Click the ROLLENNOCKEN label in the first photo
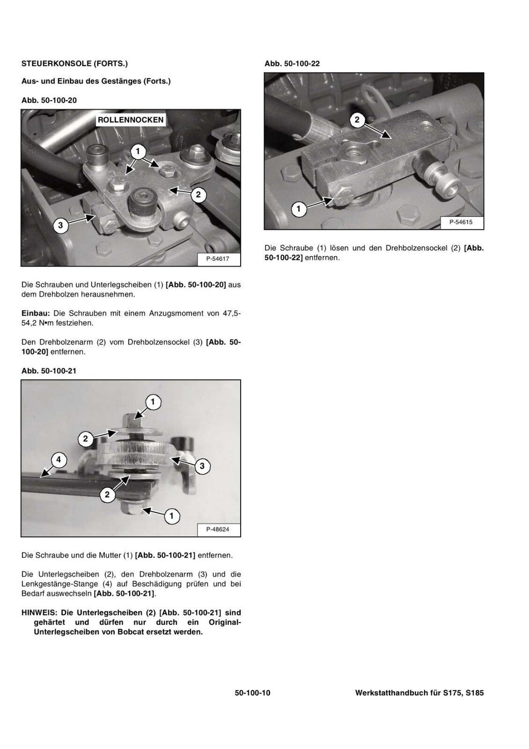pos(131,120)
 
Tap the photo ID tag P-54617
pos(217,259)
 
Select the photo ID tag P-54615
pos(461,222)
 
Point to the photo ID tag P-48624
pos(217,529)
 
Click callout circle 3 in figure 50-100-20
pos(60,225)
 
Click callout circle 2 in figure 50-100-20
pos(198,195)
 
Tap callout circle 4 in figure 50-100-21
pos(58,459)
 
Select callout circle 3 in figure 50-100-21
pos(201,466)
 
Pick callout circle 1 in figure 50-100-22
pos(298,209)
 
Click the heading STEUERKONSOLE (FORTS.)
pos(74,64)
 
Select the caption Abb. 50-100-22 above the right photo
pos(292,64)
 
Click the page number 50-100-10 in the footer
pos(252,693)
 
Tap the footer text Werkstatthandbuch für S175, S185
pos(419,693)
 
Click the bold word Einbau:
pos(36,314)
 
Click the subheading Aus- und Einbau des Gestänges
pos(96,81)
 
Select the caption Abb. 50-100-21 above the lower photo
pos(49,371)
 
